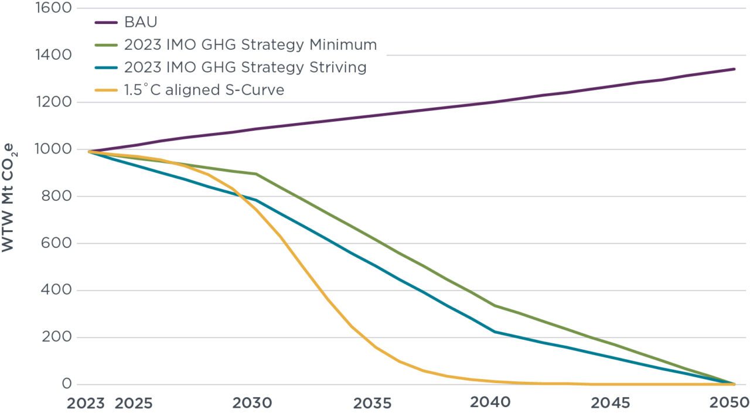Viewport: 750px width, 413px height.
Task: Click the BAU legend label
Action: point(141,23)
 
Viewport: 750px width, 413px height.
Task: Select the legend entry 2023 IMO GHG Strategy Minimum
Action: point(250,45)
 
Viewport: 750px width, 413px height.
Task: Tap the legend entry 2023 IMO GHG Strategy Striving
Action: point(245,67)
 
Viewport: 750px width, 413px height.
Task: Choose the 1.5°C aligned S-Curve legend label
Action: point(204,90)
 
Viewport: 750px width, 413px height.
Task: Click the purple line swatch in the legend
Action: point(105,23)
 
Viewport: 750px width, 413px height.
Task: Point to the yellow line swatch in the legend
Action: point(105,90)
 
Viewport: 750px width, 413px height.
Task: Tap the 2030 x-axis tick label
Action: point(252,403)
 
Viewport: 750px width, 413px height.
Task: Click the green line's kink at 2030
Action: point(256,174)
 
